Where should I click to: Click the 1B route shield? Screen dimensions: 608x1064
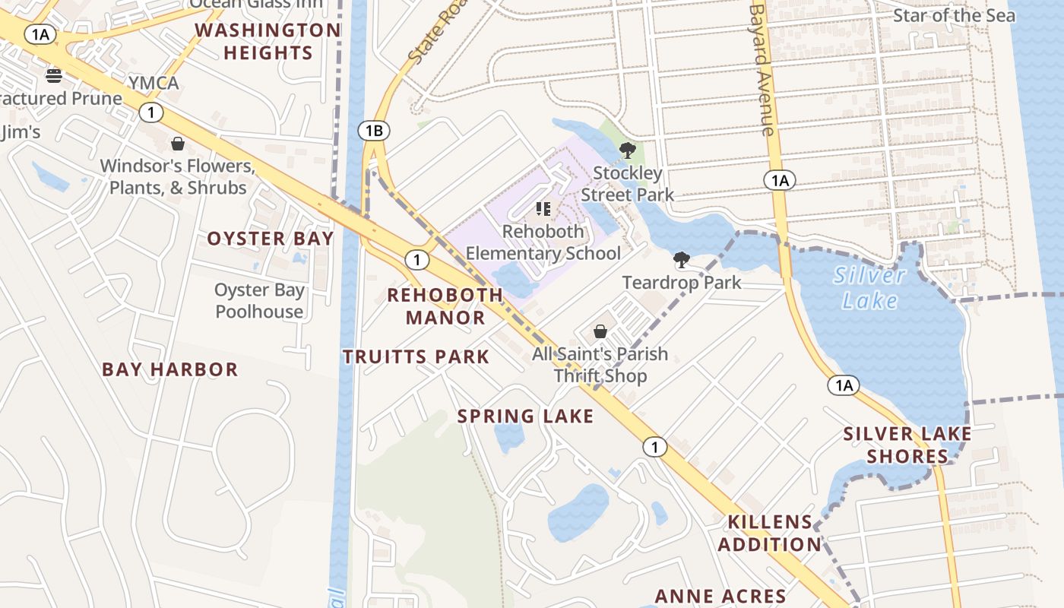coord(373,131)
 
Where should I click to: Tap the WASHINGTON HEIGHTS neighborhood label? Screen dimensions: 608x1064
coord(268,42)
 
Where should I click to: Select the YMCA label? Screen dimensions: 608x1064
coord(154,83)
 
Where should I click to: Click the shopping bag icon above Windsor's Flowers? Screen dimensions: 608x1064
coord(178,144)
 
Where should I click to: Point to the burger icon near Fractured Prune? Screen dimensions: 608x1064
coord(53,75)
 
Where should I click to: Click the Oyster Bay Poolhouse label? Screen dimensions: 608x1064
coord(259,301)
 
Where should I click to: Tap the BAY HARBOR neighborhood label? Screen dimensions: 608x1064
coord(170,370)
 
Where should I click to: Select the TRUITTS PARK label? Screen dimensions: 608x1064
coord(416,356)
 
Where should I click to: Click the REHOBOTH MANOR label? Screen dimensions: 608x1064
coord(445,306)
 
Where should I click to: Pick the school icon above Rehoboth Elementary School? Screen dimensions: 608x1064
coord(543,208)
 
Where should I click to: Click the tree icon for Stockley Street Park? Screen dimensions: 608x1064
coord(627,150)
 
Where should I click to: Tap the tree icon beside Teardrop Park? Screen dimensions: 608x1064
coord(682,261)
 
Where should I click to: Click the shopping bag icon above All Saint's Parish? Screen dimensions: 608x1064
coord(600,331)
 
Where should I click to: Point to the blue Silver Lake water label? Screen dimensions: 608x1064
coord(869,287)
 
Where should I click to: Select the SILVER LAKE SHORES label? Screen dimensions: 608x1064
coord(907,445)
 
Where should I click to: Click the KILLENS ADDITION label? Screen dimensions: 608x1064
coord(770,534)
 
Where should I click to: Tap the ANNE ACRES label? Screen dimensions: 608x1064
coord(720,596)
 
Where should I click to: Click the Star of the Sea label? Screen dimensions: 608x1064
coord(953,15)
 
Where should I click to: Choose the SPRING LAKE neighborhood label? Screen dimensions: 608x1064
coord(525,416)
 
